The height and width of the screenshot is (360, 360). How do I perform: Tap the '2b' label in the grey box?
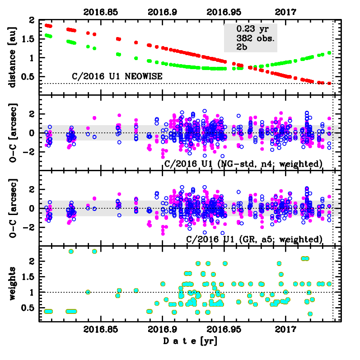click(x=242, y=46)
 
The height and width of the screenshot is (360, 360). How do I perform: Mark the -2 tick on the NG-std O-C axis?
click(x=30, y=152)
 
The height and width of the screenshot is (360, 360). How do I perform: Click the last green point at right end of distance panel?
click(x=329, y=53)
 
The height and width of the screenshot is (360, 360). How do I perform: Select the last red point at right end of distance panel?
click(x=329, y=83)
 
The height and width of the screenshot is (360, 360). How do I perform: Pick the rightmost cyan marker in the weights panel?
click(x=329, y=284)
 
